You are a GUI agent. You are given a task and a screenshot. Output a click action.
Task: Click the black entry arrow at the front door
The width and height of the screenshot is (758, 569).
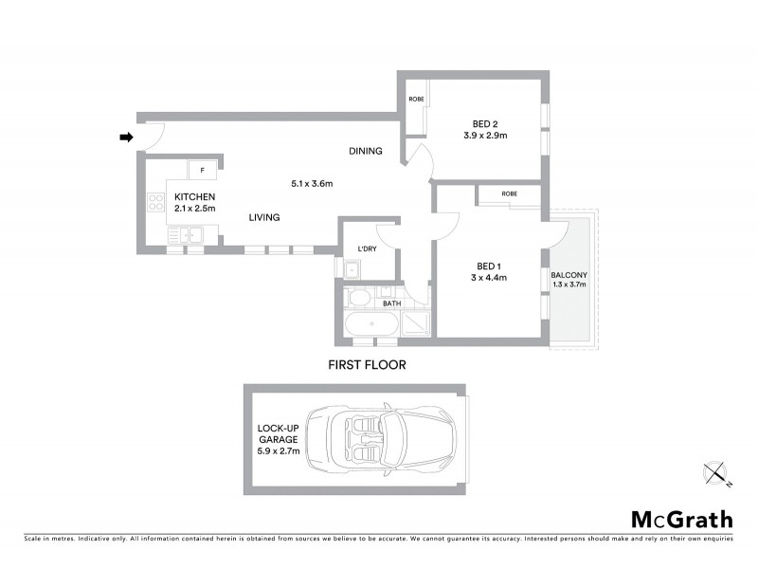(125, 138)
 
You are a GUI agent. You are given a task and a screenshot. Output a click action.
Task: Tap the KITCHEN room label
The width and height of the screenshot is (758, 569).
(195, 196)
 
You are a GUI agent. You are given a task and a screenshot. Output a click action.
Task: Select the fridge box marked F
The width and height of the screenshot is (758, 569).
(203, 170)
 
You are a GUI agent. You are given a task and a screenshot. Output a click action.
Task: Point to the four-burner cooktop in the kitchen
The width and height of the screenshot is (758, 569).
(156, 202)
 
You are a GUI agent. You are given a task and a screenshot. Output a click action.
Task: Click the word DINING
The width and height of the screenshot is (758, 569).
(365, 151)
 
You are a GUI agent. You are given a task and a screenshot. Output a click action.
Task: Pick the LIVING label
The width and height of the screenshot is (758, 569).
(264, 217)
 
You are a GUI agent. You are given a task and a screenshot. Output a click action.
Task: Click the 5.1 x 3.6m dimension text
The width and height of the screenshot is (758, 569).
(311, 183)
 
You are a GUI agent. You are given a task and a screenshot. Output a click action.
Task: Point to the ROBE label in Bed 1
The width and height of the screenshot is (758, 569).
(510, 193)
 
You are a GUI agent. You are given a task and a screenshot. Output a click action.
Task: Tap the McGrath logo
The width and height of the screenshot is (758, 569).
(682, 519)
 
